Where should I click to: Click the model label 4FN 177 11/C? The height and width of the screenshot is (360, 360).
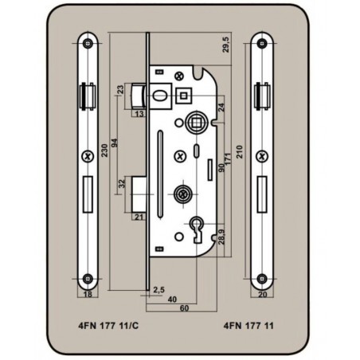(108, 326)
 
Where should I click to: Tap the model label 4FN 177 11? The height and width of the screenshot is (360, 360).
(248, 326)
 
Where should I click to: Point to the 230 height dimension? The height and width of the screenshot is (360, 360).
(104, 151)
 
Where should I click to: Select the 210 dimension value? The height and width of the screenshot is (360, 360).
(240, 152)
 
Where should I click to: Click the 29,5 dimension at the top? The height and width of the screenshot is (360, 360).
(225, 45)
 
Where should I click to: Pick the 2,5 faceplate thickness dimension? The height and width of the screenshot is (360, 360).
(158, 290)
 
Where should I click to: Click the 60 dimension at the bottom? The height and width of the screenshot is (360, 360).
(184, 308)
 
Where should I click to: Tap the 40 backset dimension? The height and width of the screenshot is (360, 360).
(172, 299)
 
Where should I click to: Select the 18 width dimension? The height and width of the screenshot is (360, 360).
(88, 294)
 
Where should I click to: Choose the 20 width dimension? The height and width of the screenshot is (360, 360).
(262, 294)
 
